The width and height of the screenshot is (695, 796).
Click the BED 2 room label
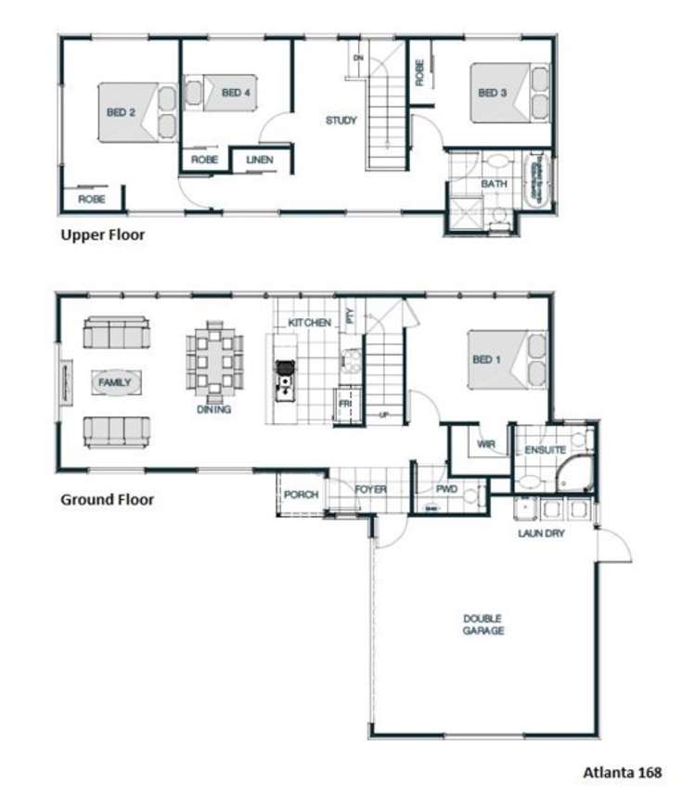tap(121, 112)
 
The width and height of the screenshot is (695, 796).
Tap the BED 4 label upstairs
tap(236, 93)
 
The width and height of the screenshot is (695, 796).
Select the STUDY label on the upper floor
tap(341, 121)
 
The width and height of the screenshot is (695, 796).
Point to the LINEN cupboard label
tap(260, 160)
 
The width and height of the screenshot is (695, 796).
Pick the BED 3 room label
tap(492, 93)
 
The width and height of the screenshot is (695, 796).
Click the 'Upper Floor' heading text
tap(102, 235)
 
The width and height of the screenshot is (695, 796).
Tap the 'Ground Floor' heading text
tap(107, 499)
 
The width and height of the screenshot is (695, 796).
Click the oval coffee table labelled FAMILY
tap(116, 381)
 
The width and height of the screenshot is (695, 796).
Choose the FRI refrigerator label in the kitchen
tap(344, 404)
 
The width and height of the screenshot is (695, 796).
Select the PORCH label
tap(301, 494)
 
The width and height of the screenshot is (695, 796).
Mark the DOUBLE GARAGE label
tap(484, 624)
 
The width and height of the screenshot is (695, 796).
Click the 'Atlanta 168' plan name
tap(622, 771)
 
